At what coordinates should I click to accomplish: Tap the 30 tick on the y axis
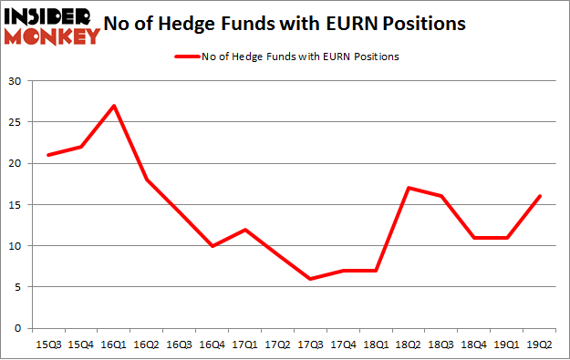click(16, 81)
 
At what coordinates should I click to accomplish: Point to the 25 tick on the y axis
click(16, 122)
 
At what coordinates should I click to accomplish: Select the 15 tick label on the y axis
click(16, 204)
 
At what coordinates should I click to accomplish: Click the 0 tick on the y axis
click(19, 328)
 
